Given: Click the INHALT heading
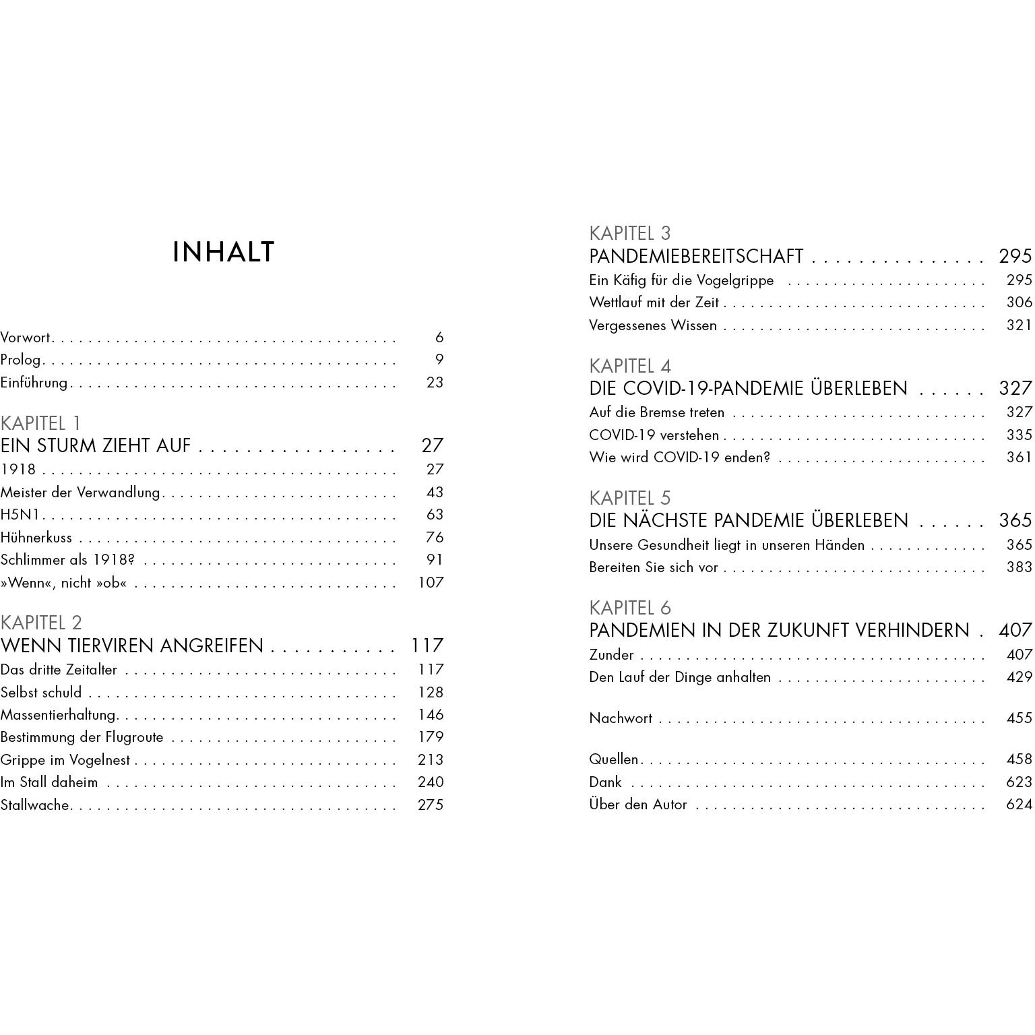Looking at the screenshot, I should tap(224, 252).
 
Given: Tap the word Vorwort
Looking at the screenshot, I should tap(26, 338).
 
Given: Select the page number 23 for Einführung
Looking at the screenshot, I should tap(435, 383).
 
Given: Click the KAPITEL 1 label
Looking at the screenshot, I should tap(40, 423).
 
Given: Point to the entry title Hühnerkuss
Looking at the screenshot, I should tap(36, 538).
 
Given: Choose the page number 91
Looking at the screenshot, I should tap(435, 560).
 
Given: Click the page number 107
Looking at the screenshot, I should tap(431, 583).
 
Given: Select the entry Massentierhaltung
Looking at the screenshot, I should tap(59, 715).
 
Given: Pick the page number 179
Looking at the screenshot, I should tap(431, 737).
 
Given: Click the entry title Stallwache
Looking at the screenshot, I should tap(35, 805).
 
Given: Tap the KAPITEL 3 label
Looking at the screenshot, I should tap(629, 233).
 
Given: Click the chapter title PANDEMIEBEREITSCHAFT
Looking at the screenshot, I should tap(696, 257).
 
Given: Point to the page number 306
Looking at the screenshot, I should tap(1019, 303).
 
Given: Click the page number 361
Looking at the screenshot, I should tap(1019, 458).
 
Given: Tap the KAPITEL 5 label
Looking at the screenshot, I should tap(629, 498).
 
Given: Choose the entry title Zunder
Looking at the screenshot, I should tap(611, 655).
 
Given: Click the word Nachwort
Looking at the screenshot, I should tap(621, 718).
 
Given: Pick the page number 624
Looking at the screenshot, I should tap(1019, 805).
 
